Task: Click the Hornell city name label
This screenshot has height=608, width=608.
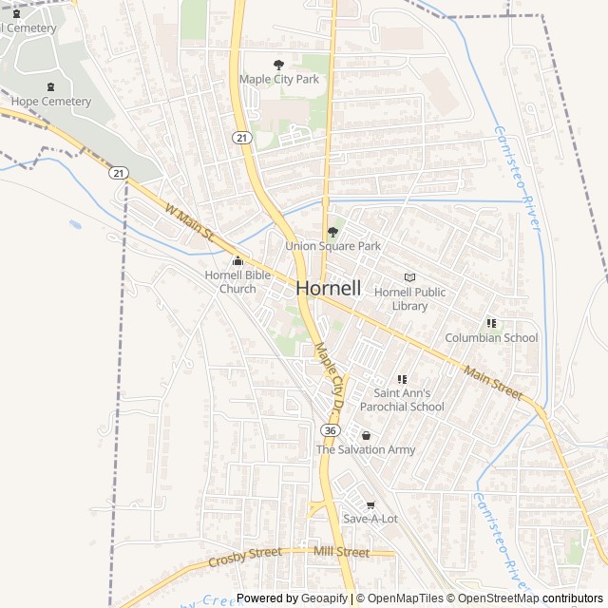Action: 328,288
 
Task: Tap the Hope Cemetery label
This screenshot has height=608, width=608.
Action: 52,102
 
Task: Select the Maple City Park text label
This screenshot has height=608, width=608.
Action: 279,80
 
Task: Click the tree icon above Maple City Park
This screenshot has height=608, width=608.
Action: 279,65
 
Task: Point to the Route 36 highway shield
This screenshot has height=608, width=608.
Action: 330,430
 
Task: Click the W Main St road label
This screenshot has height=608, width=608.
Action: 191,220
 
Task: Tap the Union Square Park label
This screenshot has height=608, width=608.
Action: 332,246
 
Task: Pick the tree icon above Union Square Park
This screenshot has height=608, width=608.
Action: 332,232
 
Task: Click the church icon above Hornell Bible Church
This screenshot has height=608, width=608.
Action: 237,261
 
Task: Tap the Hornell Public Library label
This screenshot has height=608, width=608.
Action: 409,298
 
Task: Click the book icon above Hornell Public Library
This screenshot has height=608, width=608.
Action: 409,277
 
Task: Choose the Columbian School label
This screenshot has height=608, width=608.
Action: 491,337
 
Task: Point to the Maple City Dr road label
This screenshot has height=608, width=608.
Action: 330,377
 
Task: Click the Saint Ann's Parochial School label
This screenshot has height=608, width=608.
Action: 408,399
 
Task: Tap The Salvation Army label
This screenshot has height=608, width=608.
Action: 366,449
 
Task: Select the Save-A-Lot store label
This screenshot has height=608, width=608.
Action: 370,519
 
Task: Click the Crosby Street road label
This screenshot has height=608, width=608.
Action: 245,557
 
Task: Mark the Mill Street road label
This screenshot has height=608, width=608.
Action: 340,552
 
